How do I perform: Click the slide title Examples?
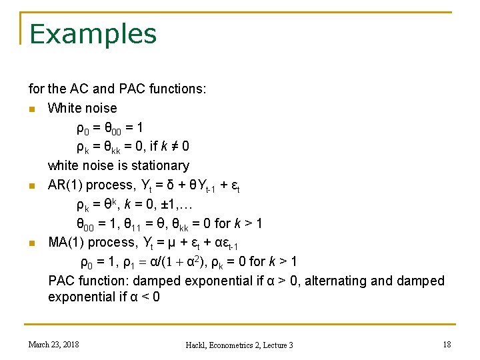tap(93, 34)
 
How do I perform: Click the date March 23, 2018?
tap(53, 344)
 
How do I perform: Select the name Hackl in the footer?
tap(197, 345)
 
